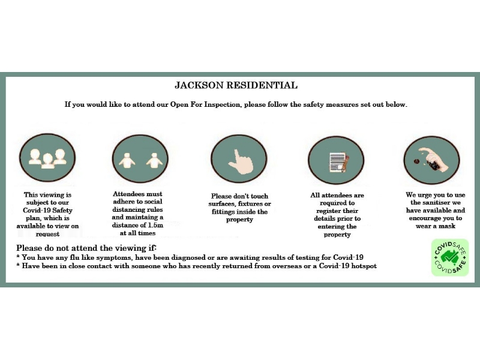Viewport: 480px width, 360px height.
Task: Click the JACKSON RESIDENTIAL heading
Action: [x=236, y=86]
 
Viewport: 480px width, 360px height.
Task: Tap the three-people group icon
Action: [x=47, y=158]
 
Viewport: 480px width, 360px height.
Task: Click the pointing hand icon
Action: [x=239, y=158]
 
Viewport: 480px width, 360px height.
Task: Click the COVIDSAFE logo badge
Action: [x=450, y=257]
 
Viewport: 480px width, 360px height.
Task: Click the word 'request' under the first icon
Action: [x=47, y=234]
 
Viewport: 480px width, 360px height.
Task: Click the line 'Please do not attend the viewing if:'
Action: [x=86, y=248]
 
